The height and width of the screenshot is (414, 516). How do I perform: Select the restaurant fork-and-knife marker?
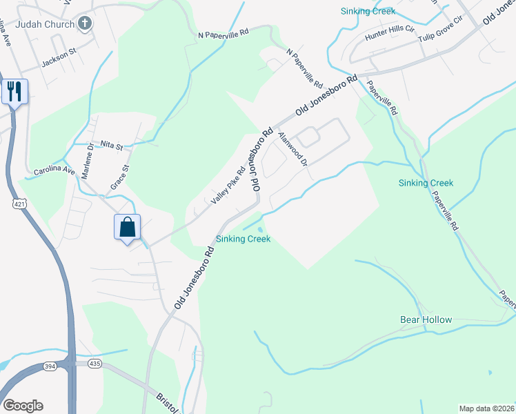pos(14,90)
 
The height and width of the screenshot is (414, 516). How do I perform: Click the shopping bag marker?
pos(128,227)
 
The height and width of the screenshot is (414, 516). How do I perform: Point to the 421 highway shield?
pos(19,205)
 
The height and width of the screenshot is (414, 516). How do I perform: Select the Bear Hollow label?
pos(426,320)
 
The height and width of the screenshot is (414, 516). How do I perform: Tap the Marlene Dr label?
pos(88,161)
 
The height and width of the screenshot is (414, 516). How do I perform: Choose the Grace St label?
pos(119,177)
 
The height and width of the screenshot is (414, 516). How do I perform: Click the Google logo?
pos(23,406)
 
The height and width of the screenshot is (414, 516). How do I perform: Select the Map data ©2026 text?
pos(487,408)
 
